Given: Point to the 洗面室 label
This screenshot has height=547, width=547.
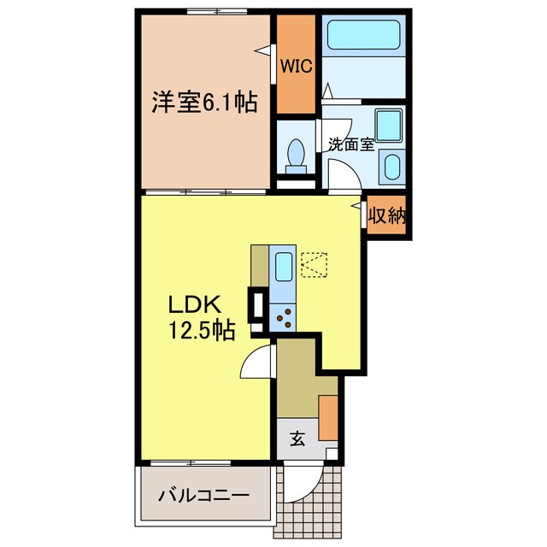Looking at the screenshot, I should (350, 144).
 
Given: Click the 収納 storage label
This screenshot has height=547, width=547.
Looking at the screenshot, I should (386, 216).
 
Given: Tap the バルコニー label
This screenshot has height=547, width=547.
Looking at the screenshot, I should (204, 496).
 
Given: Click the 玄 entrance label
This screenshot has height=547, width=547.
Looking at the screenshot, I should (297, 439).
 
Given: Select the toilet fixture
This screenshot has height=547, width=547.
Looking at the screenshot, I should (297, 153).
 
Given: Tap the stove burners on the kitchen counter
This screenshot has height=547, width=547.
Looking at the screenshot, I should (283, 319).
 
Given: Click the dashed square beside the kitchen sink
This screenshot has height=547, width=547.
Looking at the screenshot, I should (313, 264).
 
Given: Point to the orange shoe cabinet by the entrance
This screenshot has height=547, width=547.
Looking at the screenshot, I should (328, 416).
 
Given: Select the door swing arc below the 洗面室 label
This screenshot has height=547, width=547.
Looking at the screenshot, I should (343, 176).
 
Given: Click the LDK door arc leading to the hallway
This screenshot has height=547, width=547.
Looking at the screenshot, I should (257, 362).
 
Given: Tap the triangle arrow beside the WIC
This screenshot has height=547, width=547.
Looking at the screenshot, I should (259, 50).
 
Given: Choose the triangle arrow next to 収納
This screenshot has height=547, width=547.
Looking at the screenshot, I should (356, 205).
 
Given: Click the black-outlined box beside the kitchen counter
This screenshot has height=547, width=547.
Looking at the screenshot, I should (255, 304).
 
